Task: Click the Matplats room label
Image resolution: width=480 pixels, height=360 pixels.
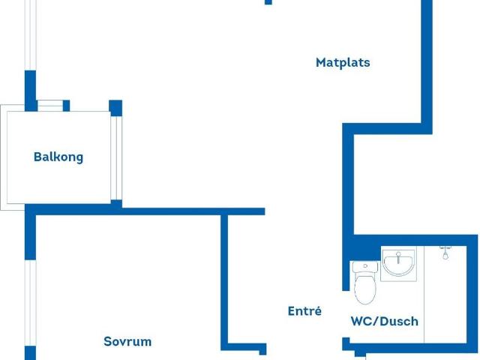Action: pos(343,63)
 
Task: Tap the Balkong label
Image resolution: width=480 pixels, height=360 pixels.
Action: pos(58,157)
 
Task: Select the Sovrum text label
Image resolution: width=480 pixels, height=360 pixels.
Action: pos(127,341)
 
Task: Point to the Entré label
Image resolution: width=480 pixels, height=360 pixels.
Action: pos(304,310)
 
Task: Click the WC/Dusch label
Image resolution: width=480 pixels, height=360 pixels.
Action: pos(385,321)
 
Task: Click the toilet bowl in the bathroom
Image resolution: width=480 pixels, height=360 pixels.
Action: pos(365,289)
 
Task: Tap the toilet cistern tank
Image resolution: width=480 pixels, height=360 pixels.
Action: pos(365,267)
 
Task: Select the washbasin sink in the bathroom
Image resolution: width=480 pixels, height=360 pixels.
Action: pos(398,265)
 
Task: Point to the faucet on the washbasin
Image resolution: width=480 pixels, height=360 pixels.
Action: pos(398,257)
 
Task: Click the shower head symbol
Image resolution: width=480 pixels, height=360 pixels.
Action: pos(445,252)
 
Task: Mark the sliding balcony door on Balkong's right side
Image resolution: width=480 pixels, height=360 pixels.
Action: pos(116,158)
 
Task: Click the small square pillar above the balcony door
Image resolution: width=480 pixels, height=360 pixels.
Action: pos(115,108)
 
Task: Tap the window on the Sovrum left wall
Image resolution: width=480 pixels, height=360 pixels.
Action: pos(30,303)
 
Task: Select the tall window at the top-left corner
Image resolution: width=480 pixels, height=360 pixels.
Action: pos(31,35)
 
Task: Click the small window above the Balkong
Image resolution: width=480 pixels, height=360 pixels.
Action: pos(50,106)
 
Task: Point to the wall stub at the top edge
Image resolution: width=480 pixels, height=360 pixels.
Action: pos(268,2)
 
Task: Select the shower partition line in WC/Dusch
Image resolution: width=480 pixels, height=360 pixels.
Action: pos(424,295)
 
